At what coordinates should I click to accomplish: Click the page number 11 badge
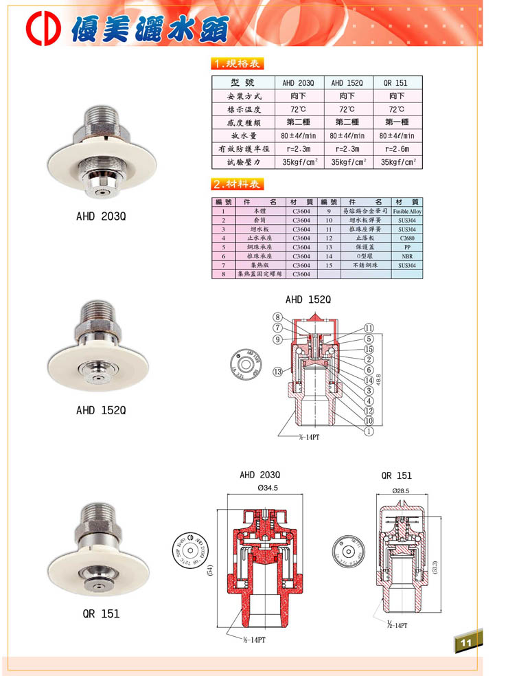pyautogui.click(x=467, y=642)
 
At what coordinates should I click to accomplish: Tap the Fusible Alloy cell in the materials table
pyautogui.click(x=407, y=212)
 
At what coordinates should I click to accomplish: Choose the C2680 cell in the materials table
pyautogui.click(x=407, y=238)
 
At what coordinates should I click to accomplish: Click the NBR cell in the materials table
pyautogui.click(x=407, y=256)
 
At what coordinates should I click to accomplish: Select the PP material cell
pyautogui.click(x=407, y=247)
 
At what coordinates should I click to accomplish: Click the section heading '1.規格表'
pyautogui.click(x=237, y=64)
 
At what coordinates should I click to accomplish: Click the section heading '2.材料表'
pyautogui.click(x=237, y=184)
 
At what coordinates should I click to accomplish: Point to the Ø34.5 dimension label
pyautogui.click(x=261, y=488)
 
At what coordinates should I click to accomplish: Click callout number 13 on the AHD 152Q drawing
pyautogui.click(x=278, y=372)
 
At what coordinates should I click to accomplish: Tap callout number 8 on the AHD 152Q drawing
pyautogui.click(x=277, y=317)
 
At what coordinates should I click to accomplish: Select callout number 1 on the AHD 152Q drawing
pyautogui.click(x=369, y=431)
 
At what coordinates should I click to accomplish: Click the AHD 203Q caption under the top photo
pyautogui.click(x=101, y=216)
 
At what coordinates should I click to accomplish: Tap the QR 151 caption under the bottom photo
pyautogui.click(x=101, y=613)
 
